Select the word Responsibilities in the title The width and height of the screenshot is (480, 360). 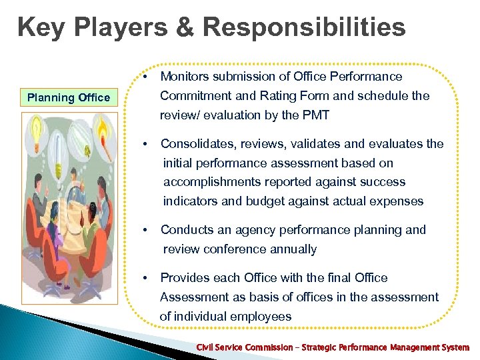point(305,28)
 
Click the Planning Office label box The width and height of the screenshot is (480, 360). point(68,97)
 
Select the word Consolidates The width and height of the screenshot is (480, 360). point(198,144)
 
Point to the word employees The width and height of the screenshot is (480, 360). point(261,317)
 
